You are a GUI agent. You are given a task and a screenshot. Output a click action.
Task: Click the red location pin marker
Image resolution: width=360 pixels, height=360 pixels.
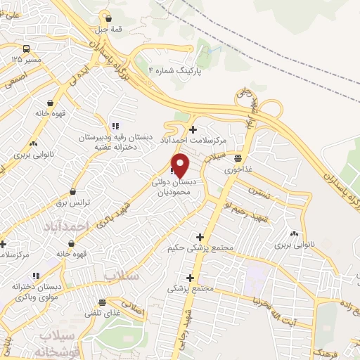[x=181, y=165]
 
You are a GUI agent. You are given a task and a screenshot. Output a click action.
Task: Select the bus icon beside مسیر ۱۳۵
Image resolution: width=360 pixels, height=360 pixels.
[x=26, y=49]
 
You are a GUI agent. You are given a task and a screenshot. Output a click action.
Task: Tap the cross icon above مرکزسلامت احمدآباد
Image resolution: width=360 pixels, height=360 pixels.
[x=193, y=129]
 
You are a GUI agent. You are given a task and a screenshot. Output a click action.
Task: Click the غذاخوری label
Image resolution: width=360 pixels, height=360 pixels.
[x=239, y=169]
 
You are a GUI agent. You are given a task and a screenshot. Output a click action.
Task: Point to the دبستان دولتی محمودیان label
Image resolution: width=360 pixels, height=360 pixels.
[x=175, y=186]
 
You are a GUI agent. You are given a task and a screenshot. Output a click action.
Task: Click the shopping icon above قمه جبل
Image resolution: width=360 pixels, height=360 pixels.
[x=107, y=18]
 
